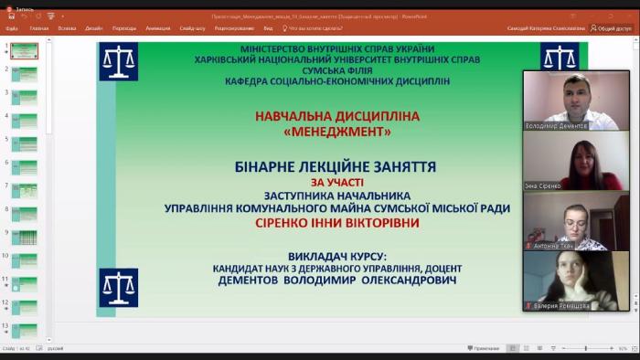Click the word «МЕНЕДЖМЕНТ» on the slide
337,132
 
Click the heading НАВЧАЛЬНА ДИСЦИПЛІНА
337,117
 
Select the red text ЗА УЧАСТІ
336,182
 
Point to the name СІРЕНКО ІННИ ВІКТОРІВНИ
336,223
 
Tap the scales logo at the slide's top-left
119,61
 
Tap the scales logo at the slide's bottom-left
119,287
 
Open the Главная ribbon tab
39,28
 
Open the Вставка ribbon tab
67,28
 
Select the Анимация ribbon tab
157,28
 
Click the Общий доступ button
612,28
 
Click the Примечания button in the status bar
484,348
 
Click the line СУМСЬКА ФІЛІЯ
336,69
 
